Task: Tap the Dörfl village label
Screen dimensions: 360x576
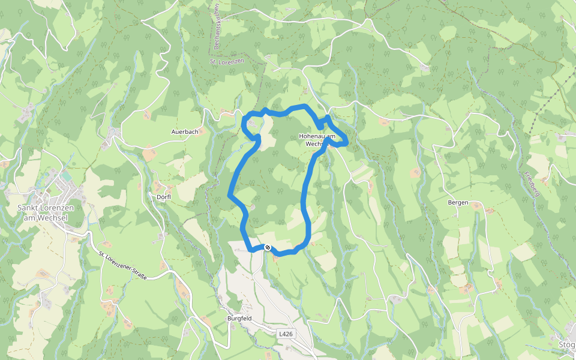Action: tap(164, 197)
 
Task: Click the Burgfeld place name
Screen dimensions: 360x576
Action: tap(238, 318)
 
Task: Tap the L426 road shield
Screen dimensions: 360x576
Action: tap(286, 332)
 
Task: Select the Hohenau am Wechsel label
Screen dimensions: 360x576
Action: tap(316, 140)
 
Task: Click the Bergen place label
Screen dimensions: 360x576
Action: tap(458, 203)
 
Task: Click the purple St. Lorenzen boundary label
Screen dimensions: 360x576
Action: tap(227, 62)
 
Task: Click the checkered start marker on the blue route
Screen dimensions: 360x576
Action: tap(268, 248)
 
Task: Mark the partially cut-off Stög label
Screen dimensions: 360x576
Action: tap(567, 344)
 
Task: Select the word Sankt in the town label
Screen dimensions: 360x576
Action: tap(28, 208)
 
